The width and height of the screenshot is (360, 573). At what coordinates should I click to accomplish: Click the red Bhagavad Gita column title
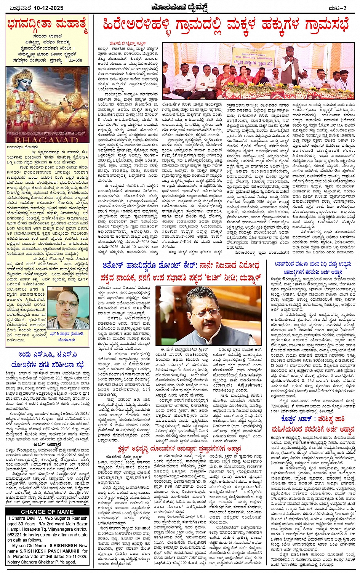[48, 26]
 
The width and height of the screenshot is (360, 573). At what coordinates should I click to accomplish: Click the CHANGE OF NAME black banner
[47, 511]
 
